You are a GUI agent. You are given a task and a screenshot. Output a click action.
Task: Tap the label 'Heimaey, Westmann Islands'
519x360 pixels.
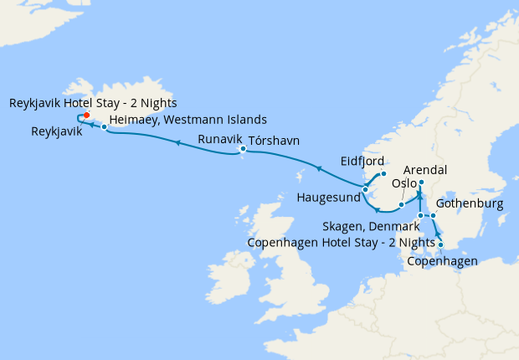188,119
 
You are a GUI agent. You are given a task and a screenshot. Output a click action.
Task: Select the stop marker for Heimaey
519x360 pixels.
104,127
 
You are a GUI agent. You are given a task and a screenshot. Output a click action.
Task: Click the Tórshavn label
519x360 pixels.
274,140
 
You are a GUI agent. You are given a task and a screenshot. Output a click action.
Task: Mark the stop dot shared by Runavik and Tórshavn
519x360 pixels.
243,150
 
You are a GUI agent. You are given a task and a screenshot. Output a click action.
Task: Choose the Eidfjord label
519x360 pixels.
362,160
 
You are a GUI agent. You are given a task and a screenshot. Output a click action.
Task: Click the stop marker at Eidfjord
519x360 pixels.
383,173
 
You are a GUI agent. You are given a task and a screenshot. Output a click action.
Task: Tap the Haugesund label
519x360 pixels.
329,198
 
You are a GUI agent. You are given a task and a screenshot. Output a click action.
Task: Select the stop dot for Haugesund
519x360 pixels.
366,190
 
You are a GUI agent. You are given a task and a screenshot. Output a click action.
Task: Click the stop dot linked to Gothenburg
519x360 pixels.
434,216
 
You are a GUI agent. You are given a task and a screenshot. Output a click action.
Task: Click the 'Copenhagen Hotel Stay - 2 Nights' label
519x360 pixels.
342,243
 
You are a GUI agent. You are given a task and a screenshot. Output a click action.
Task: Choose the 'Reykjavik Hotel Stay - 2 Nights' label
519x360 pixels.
93,103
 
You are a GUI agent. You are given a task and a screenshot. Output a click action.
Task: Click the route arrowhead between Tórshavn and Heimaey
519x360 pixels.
177,143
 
